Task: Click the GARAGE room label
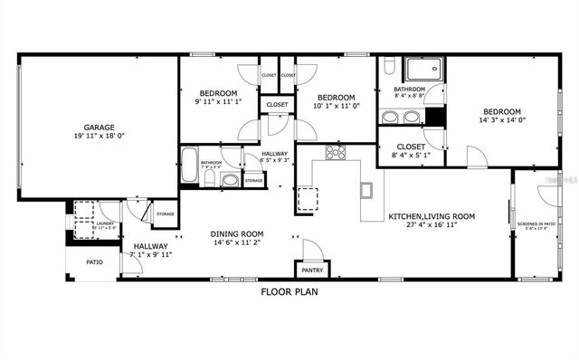click(x=98, y=128)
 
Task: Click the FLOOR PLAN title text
click(x=289, y=292)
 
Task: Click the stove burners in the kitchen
click(x=336, y=152)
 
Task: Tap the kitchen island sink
click(x=366, y=190)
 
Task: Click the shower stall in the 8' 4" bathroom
click(x=422, y=71)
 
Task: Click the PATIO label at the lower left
click(x=94, y=262)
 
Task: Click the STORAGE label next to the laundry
click(x=165, y=213)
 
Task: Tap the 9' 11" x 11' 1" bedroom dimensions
click(x=218, y=102)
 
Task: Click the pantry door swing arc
click(x=311, y=247)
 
